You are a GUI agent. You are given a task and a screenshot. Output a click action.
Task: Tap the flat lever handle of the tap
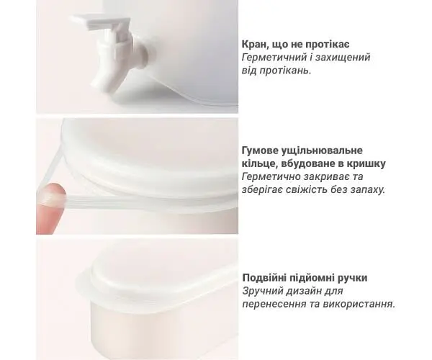coord(100,22)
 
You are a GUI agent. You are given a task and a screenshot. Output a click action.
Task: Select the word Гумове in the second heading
coord(261,150)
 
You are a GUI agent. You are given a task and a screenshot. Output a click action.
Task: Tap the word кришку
coord(367,164)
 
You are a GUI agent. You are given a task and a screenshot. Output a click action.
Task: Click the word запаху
coord(368,190)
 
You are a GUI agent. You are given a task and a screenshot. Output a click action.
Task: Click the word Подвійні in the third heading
coord(265,278)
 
